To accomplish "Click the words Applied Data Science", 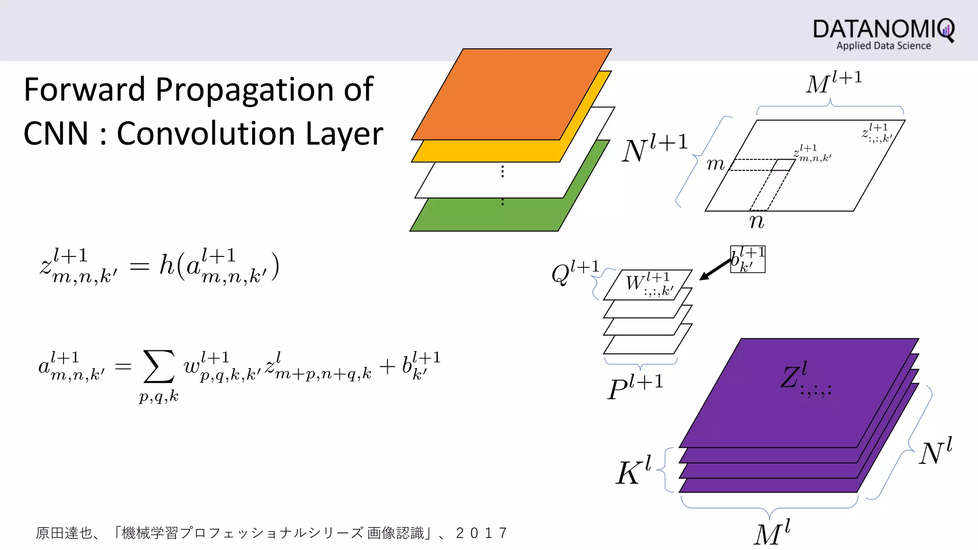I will (883, 46).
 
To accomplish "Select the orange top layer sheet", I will (511, 93).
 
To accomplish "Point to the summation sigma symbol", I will (159, 367).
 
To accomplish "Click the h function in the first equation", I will (167, 265).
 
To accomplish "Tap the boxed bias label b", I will (747, 259).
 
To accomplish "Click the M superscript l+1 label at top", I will (833, 83).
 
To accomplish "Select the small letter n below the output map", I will (757, 222).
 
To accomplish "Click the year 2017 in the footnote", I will (481, 533).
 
